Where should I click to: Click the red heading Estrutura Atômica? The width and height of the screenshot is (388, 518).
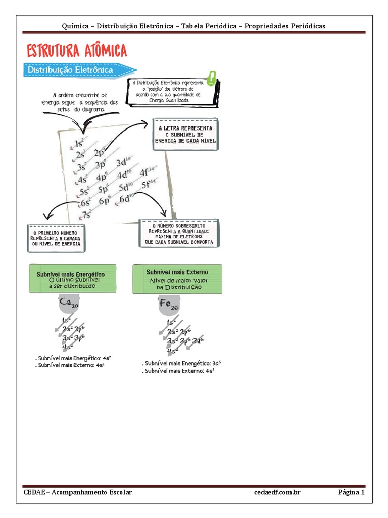(x=76, y=51)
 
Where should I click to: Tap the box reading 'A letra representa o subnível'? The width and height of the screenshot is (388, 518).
(x=185, y=135)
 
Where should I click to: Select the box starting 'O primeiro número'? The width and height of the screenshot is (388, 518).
(x=56, y=238)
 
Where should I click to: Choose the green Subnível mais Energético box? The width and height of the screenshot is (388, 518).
(x=73, y=279)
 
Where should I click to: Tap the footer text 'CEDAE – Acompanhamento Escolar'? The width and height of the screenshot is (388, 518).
(x=78, y=492)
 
